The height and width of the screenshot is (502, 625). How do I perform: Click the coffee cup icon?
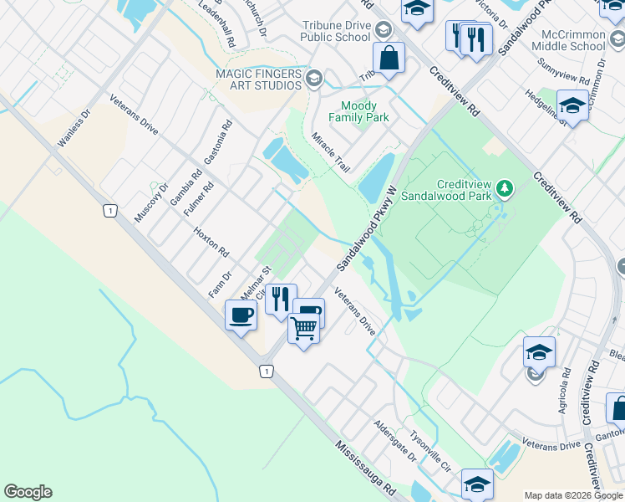[241, 316]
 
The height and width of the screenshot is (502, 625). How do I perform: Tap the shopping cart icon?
[303, 329]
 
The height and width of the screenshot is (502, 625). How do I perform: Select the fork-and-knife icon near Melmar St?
[281, 299]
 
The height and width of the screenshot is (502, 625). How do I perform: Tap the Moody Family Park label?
[364, 111]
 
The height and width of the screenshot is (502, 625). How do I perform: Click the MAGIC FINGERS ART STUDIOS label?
[258, 80]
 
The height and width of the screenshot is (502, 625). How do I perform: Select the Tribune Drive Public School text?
[335, 31]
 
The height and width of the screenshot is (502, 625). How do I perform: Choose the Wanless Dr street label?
[73, 130]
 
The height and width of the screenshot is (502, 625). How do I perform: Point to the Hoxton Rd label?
[211, 241]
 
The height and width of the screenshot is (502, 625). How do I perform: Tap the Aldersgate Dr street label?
[395, 442]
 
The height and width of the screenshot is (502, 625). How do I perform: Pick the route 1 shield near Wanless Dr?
[109, 211]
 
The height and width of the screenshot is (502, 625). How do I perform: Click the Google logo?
[28, 492]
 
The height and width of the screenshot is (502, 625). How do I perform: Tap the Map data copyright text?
[573, 495]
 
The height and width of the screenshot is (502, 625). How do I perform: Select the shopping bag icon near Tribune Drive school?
[389, 58]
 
